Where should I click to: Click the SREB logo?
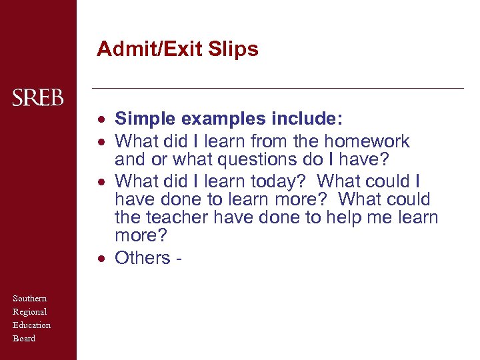[38, 98]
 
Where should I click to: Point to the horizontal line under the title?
[277, 88]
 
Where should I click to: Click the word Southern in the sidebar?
[30, 299]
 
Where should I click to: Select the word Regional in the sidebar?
[30, 312]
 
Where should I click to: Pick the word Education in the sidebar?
[32, 325]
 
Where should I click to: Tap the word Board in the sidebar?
[24, 339]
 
